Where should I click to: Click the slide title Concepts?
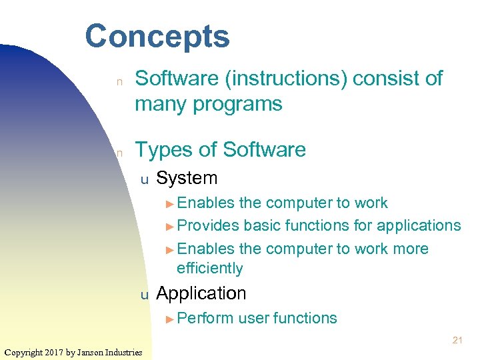point(157,36)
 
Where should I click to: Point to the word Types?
point(164,149)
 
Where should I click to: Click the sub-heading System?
point(187,178)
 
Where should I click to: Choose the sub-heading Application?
point(201,293)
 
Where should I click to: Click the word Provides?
point(208,225)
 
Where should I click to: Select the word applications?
point(419,225)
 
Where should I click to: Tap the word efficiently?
point(209,268)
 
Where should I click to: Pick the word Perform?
point(205,318)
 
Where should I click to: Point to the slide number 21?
point(457,341)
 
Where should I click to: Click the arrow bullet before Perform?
point(171,319)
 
